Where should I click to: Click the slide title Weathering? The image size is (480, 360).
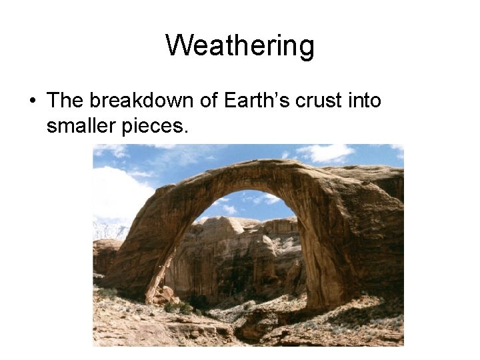pos(240,46)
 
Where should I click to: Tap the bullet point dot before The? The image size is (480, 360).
pos(31,101)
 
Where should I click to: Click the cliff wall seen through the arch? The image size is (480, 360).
pos(233,260)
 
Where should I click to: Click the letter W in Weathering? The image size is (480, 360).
pos(177,46)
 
